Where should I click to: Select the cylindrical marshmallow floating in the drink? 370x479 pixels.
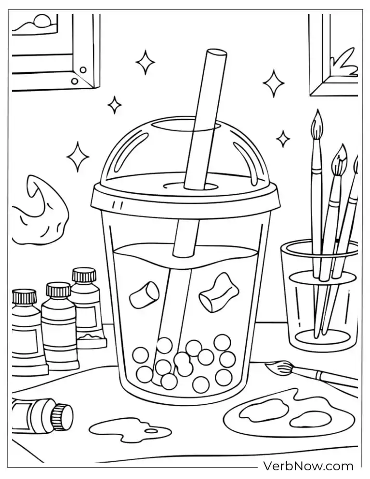(144, 294)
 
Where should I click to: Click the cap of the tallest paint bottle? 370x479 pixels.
(84, 275)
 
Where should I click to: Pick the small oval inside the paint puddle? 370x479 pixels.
(151, 430)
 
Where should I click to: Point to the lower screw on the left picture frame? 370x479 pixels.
(74, 81)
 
